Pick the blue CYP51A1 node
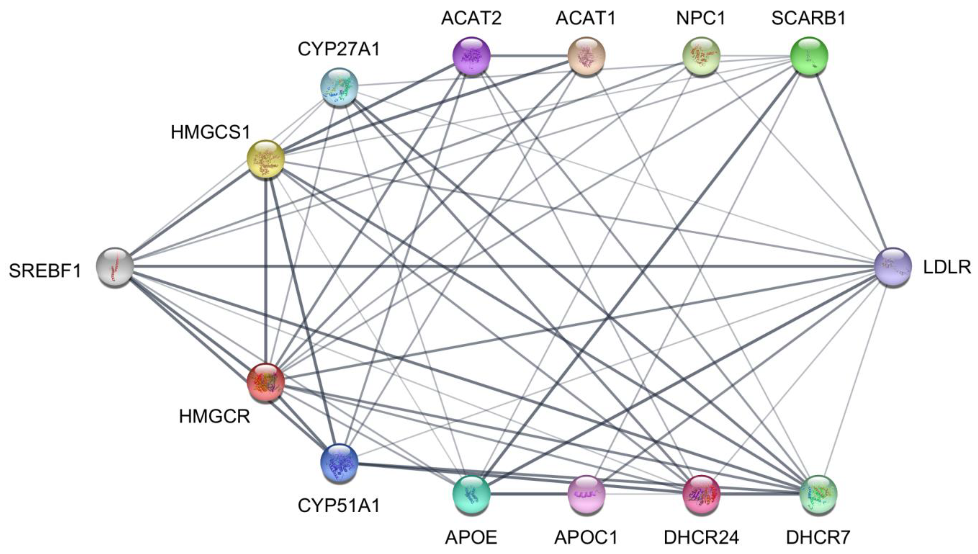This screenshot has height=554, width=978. pos(339,462)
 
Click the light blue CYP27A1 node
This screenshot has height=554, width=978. pos(339,87)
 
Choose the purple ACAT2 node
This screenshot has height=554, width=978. pos(471,56)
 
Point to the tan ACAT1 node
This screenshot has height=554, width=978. pos(586,56)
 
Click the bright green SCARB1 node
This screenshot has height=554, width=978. pos(809,56)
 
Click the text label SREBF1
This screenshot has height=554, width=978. pos(45,271)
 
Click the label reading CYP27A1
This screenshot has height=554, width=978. pos(339,49)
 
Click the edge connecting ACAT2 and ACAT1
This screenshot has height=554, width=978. pos(529,56)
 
